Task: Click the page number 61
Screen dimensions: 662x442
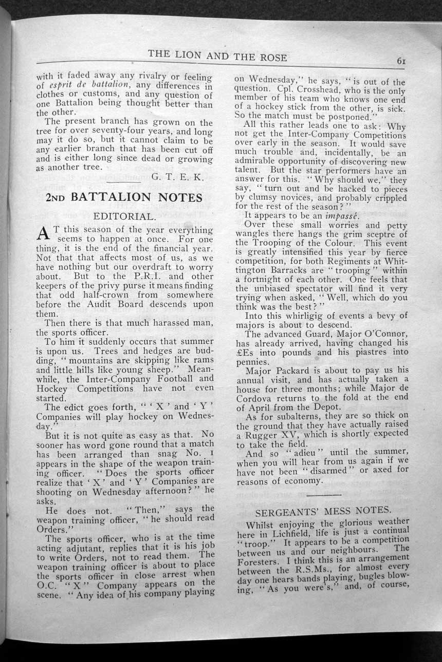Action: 401,60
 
